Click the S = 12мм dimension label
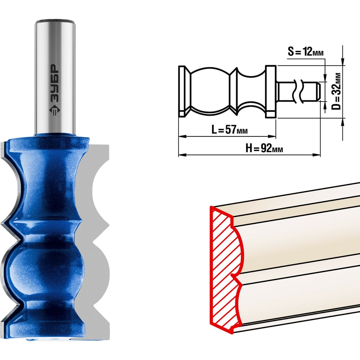[306, 52]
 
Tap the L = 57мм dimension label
[229, 130]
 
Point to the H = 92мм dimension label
[264, 148]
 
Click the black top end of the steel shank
[55, 22]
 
